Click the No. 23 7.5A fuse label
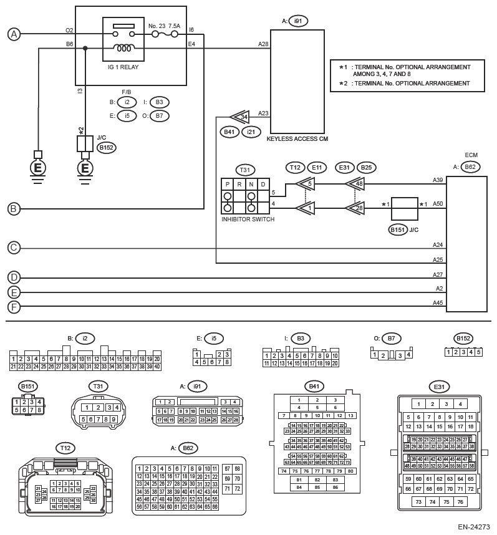tap(164, 26)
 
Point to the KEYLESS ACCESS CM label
tap(297, 138)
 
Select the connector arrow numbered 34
tap(240, 117)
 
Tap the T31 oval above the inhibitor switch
tap(245, 170)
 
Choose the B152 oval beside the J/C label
tap(107, 148)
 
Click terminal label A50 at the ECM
tap(438, 204)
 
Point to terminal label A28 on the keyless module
tap(263, 44)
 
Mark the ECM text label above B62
tap(471, 155)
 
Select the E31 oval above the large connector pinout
tap(438, 387)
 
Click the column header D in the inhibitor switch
tap(263, 185)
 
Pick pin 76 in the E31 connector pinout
tap(460, 501)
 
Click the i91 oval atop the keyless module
tap(298, 21)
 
